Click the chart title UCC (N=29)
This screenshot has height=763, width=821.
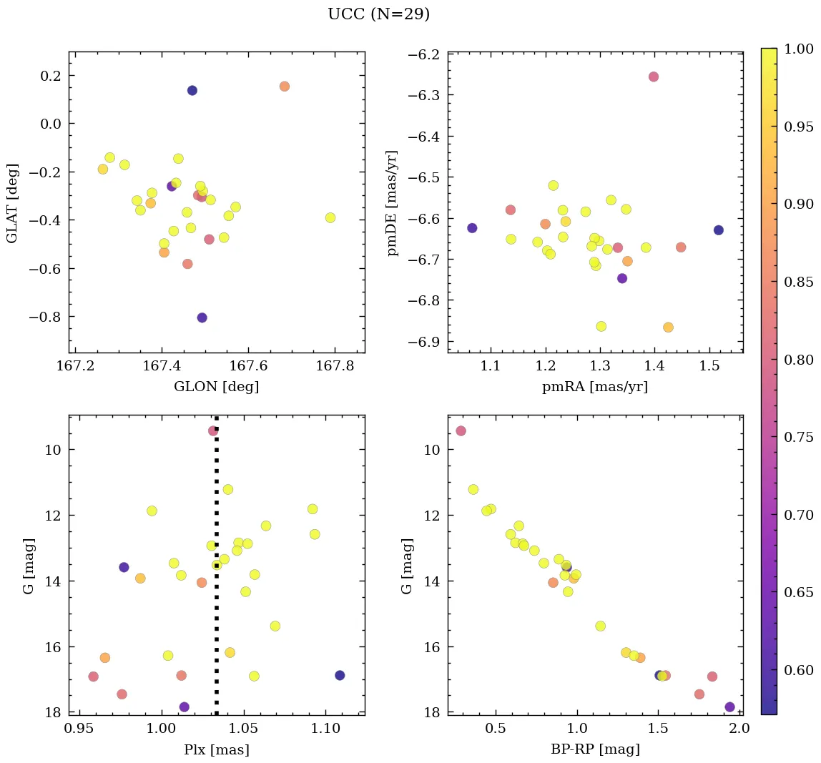click(378, 14)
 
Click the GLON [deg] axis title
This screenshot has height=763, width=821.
click(217, 387)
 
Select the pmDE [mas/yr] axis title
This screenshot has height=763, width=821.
click(392, 203)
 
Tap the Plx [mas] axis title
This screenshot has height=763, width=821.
click(217, 750)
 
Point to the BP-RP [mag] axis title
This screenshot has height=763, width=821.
click(595, 750)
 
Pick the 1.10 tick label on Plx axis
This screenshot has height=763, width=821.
click(325, 729)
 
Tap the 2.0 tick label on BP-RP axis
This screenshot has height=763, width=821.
click(739, 729)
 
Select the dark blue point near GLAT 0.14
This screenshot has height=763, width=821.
click(192, 90)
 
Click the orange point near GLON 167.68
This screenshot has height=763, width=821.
click(285, 87)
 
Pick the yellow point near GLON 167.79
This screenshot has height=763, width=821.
click(330, 217)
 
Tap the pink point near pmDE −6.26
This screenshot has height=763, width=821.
click(654, 77)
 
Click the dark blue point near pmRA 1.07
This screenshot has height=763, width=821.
click(472, 228)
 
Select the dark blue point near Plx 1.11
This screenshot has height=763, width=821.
click(340, 675)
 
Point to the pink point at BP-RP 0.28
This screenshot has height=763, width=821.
click(461, 430)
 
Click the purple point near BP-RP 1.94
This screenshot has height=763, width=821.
click(729, 707)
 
